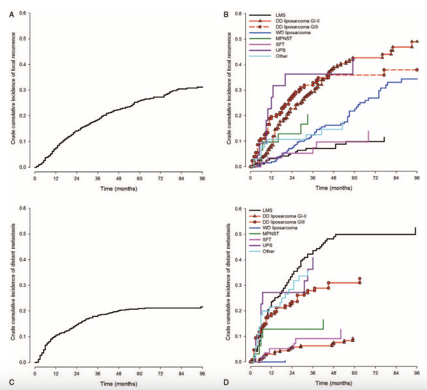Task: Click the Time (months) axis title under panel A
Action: [x=119, y=189]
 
